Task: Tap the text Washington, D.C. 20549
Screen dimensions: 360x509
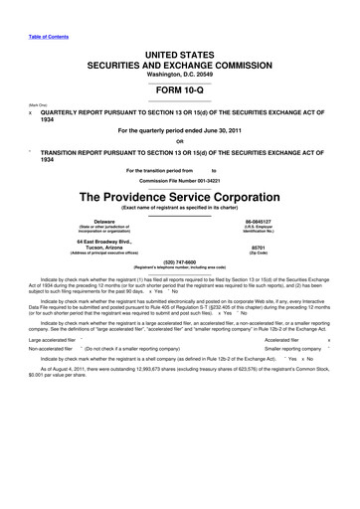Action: click(x=180, y=75)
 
